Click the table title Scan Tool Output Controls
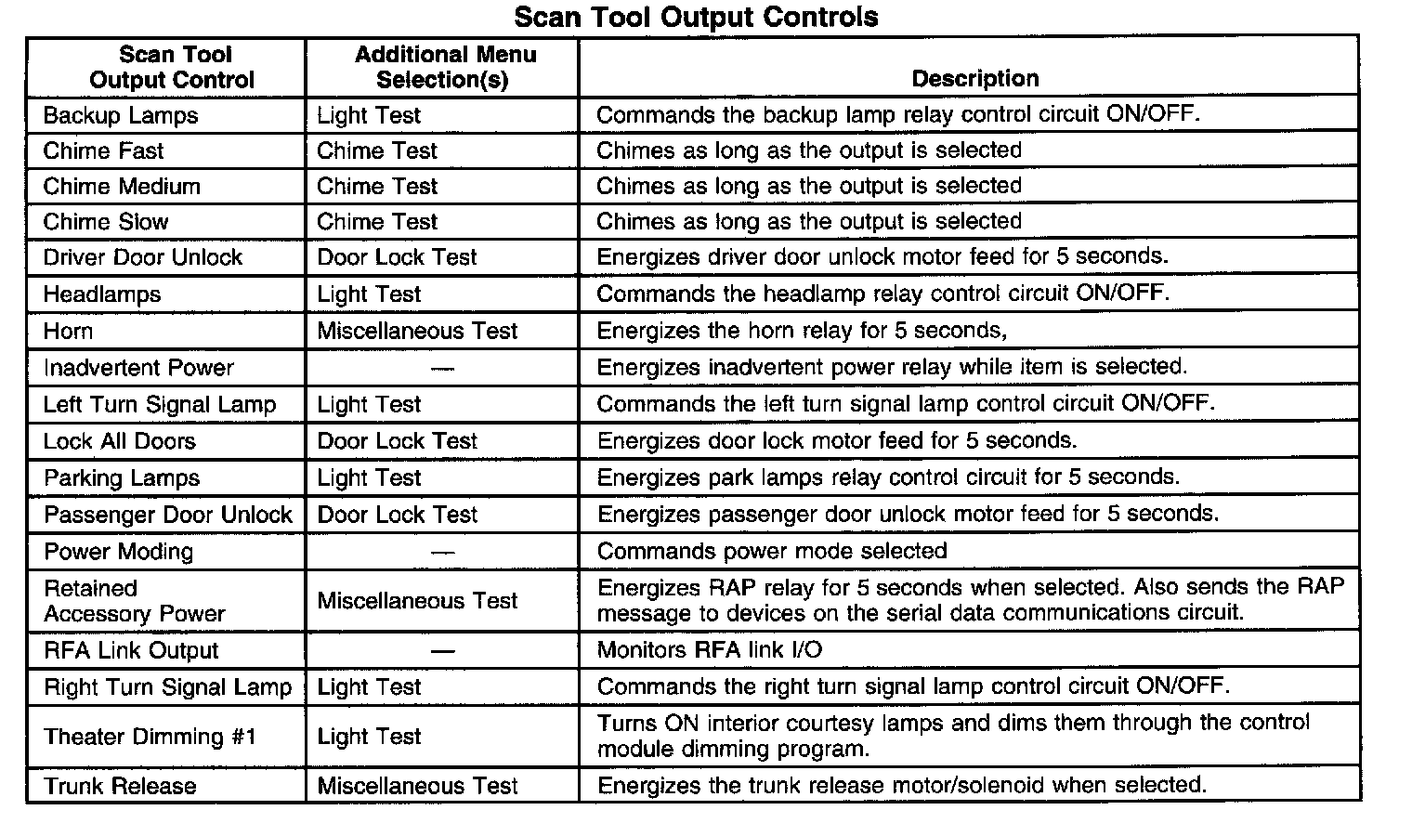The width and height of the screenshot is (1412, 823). (696, 17)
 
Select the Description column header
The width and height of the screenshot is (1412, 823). (974, 79)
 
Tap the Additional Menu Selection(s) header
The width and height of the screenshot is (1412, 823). (444, 67)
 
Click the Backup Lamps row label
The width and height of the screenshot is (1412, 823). (121, 116)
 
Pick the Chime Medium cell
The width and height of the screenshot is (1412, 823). (122, 187)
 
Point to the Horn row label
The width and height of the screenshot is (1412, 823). (68, 332)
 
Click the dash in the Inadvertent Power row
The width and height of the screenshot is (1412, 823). (443, 369)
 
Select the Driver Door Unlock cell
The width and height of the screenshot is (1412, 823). (142, 257)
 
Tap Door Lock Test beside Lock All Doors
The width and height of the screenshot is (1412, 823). (397, 441)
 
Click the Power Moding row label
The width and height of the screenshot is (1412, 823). (118, 552)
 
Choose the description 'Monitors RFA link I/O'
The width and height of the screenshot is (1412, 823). (709, 650)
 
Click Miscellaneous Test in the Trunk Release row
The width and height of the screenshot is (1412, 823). (417, 786)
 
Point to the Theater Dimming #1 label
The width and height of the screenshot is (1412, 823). (149, 738)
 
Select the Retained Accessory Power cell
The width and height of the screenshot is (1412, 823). (134, 601)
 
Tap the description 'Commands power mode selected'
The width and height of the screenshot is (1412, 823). (771, 551)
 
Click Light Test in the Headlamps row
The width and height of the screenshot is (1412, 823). (369, 294)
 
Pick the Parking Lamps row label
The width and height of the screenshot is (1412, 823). (121, 478)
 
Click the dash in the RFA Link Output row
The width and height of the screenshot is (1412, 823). (443, 651)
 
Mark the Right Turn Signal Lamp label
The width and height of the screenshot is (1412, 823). (167, 687)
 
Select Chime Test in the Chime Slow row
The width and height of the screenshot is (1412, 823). (376, 222)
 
